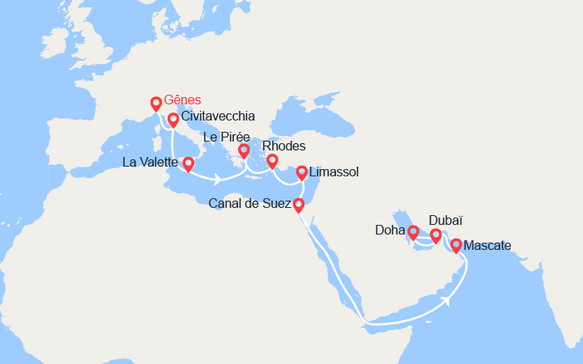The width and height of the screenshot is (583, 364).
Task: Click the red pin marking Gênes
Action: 156,104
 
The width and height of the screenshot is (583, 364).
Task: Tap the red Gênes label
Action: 182,101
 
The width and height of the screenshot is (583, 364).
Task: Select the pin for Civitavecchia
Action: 172,121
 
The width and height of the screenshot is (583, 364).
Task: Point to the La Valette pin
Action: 188,164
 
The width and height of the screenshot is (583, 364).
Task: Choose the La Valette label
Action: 151,163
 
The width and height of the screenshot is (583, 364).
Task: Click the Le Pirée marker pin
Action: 244,150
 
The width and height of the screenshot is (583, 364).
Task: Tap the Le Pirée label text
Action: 226,138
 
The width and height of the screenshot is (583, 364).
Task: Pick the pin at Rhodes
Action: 273,160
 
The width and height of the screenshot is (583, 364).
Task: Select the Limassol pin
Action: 302,171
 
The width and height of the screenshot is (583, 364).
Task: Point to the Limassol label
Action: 334,172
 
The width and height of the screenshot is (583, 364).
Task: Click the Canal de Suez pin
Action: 298,205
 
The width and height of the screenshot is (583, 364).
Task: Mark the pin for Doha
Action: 413,233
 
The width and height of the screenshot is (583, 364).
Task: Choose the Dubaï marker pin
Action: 436,235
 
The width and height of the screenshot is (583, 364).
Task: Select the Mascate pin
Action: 456,244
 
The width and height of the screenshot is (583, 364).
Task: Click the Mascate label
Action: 488,245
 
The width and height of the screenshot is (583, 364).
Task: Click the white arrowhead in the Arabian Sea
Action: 448,298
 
